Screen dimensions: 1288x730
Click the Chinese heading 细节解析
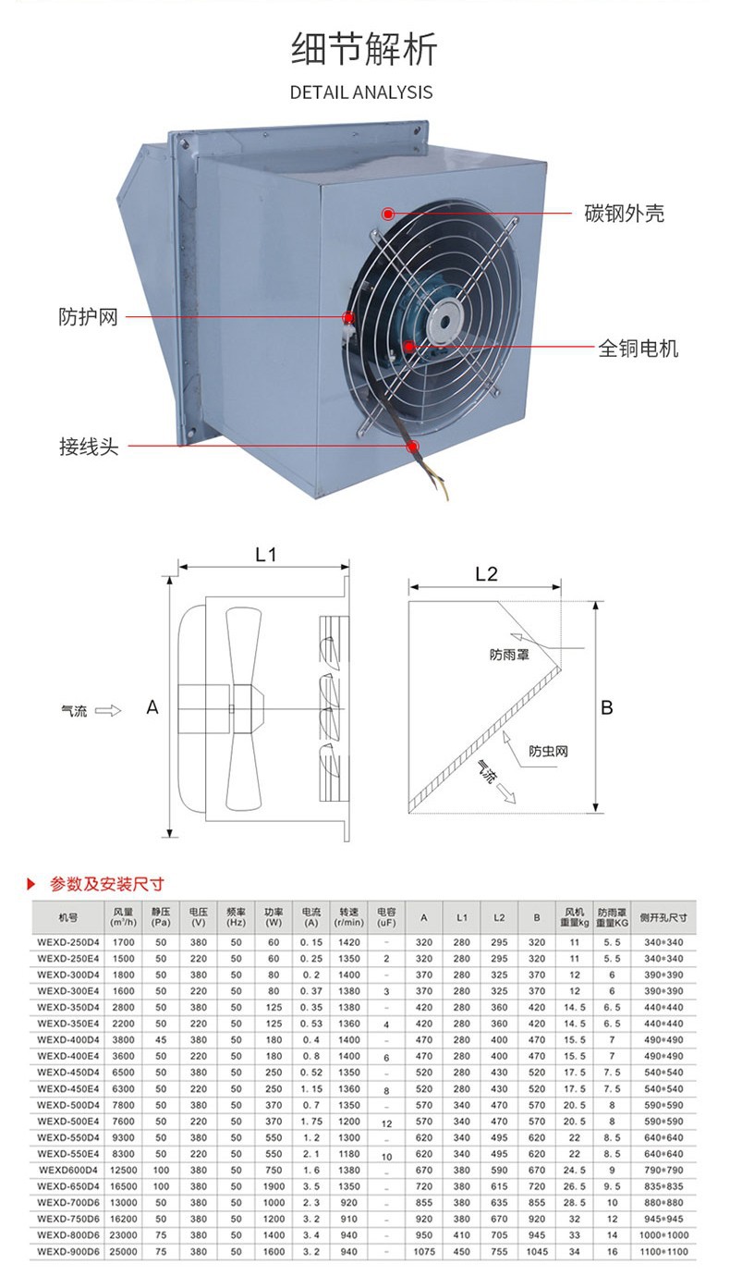[x=364, y=49]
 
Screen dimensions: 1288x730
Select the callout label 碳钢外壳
[x=624, y=214]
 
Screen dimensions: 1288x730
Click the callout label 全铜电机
[x=638, y=349]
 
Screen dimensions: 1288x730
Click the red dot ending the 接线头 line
[x=413, y=447]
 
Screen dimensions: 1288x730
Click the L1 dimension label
[x=266, y=555]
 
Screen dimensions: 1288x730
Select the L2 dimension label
[x=486, y=573]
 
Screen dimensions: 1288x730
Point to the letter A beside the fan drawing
[x=152, y=707]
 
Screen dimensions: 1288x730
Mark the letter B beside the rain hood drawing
[x=607, y=708]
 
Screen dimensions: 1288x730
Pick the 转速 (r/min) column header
[x=348, y=916]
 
